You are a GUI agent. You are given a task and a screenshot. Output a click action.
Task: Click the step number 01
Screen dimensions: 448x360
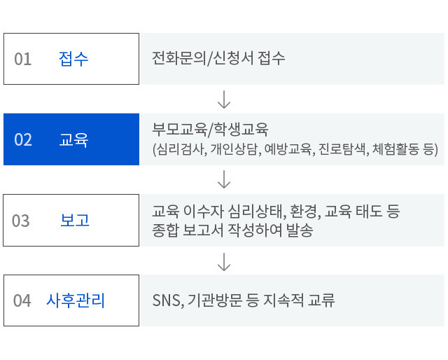pyautogui.click(x=23, y=60)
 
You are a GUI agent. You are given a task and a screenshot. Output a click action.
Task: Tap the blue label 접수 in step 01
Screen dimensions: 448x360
pyautogui.click(x=73, y=59)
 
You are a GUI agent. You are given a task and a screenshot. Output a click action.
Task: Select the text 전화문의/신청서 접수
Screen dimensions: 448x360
pyautogui.click(x=218, y=58)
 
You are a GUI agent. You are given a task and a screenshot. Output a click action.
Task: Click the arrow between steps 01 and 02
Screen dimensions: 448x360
pyautogui.click(x=224, y=99)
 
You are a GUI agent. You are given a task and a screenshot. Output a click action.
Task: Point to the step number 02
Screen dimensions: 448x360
pyautogui.click(x=23, y=140)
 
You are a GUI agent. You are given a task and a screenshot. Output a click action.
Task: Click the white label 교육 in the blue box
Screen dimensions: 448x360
pyautogui.click(x=73, y=140)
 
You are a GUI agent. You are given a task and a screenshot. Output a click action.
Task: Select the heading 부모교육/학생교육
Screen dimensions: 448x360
pyautogui.click(x=210, y=130)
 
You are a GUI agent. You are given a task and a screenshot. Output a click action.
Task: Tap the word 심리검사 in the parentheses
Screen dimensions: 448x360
pyautogui.click(x=181, y=149)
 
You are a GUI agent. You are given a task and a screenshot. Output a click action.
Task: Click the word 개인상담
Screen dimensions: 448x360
pyautogui.click(x=234, y=149)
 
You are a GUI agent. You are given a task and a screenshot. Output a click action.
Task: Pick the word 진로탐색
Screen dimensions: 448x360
pyautogui.click(x=342, y=149)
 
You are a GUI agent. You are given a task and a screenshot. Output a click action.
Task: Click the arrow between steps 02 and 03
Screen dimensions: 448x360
pyautogui.click(x=224, y=179)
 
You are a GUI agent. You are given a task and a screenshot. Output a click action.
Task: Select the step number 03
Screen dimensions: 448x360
pyautogui.click(x=21, y=221)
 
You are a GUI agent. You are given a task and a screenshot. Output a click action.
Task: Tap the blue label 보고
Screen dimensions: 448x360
pyautogui.click(x=75, y=220)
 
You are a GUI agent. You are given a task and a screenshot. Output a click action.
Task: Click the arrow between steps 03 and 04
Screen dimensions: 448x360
pyautogui.click(x=224, y=262)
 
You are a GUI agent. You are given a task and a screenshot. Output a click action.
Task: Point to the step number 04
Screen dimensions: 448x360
pyautogui.click(x=22, y=300)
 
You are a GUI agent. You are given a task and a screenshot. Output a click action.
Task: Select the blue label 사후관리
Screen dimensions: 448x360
pyautogui.click(x=76, y=300)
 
